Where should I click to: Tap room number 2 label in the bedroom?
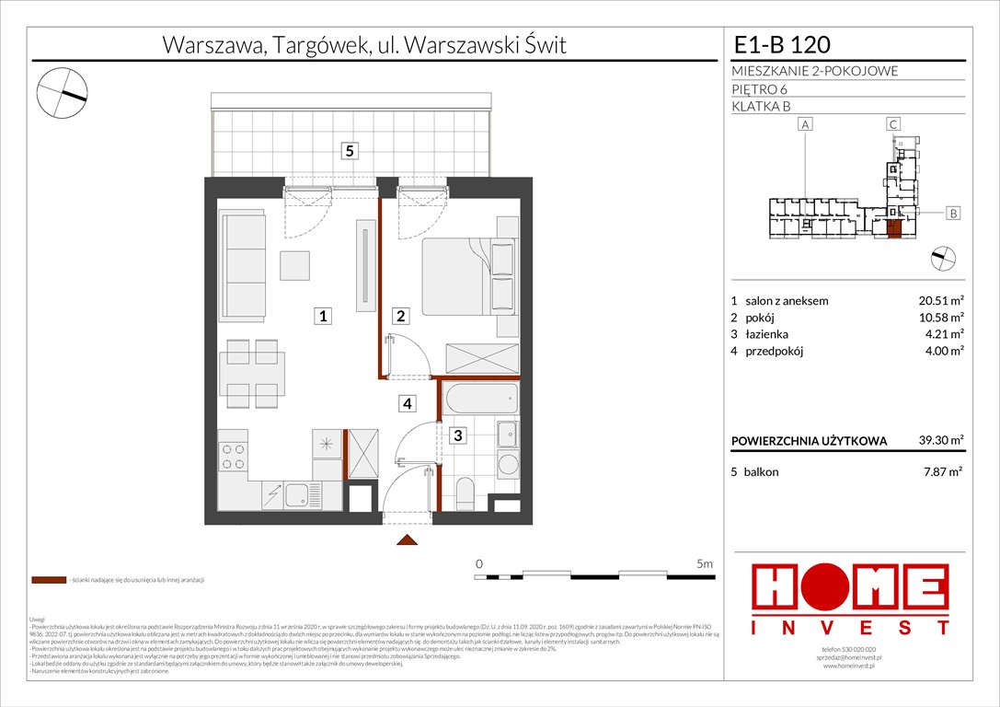click(401, 317)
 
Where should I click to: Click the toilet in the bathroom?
click(466, 493)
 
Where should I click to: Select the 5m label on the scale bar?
click(704, 562)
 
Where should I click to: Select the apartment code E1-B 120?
click(784, 45)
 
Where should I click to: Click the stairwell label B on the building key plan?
click(953, 214)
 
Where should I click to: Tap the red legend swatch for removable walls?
click(48, 580)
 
